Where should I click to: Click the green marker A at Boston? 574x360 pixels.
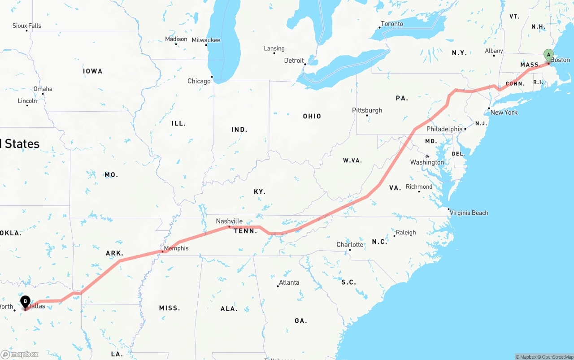coord(548,55)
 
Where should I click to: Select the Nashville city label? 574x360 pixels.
coord(229,221)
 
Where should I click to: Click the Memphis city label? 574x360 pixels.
coord(176,248)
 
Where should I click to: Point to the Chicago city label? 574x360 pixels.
coord(199,81)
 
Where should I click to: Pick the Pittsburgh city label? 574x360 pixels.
coord(367,110)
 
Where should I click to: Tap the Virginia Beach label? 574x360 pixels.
coord(469,213)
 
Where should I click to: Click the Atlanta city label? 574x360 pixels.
coord(289,282)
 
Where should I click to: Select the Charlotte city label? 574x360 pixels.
coord(350,244)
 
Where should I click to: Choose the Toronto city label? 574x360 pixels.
coord(392,24)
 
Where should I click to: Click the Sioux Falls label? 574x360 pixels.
coord(27,26)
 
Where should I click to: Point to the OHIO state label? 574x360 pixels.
coord(312,116)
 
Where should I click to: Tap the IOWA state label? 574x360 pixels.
coord(93,71)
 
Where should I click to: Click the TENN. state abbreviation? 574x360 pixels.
coord(246,231)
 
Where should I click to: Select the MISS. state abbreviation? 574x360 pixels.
coord(170,308)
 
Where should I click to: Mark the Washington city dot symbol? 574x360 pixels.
coord(427,156)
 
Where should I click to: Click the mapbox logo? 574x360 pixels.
coord(20,354)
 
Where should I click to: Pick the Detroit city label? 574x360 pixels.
coord(294,61)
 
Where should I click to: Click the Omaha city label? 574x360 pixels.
coord(43,89)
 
